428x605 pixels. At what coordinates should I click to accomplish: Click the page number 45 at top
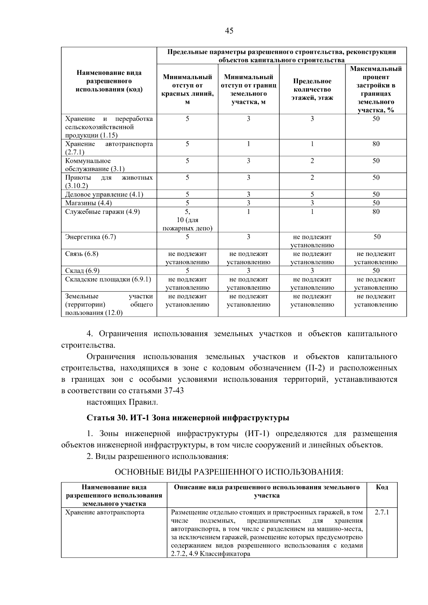pos(229,31)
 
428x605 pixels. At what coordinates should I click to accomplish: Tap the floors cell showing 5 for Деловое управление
pos(312,195)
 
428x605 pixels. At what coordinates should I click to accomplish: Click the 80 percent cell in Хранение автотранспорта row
pos(376,144)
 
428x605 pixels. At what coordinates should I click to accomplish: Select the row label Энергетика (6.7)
pos(91,237)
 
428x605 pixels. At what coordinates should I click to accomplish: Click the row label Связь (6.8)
pos(82,254)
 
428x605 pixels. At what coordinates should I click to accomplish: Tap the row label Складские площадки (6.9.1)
pos(108,280)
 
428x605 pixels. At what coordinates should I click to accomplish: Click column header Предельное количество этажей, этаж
pos(312,89)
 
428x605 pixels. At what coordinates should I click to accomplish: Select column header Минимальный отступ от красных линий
pos(187,89)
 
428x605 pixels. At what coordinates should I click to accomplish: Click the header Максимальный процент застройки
pos(376,89)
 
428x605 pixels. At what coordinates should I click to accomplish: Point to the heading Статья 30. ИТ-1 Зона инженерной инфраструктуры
pos(188,417)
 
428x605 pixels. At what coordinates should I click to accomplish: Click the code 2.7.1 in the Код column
pos(382,512)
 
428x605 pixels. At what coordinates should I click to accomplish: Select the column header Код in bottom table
pos(382,487)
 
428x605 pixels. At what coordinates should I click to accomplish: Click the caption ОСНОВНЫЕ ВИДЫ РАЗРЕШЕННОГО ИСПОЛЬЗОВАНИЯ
pos(229,472)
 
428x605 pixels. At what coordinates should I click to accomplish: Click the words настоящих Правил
pos(122,402)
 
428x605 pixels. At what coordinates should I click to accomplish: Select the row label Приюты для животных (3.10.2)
pos(109,181)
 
